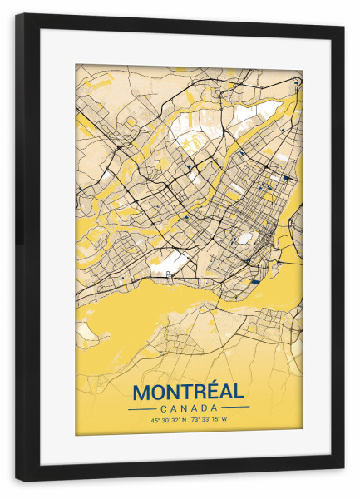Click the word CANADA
pos(189,408)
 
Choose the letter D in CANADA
pos(205,408)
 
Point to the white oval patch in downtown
pos(244,238)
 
